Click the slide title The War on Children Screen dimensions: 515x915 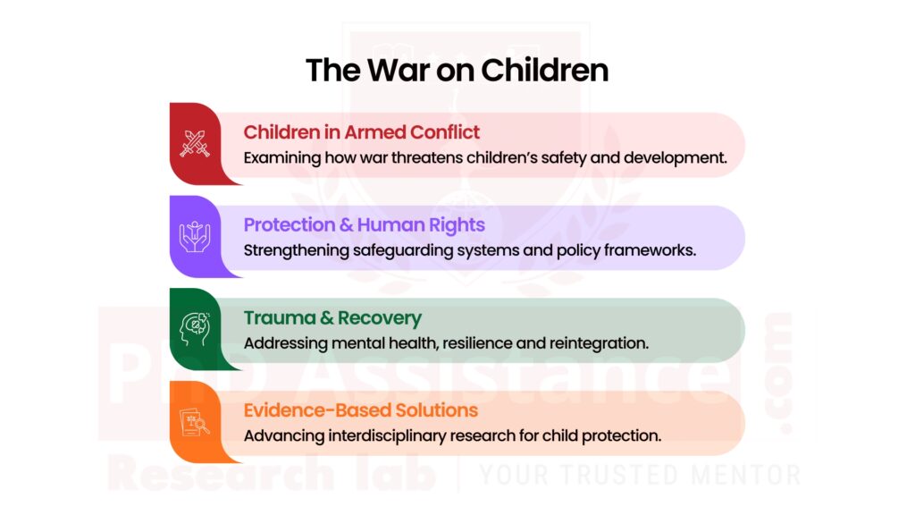pos(457,70)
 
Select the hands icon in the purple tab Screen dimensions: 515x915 pos(194,236)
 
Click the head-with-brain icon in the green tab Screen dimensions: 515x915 pos(194,328)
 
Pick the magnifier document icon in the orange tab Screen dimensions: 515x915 pos(194,421)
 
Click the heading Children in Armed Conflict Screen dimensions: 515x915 pos(361,132)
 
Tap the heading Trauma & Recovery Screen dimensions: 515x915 pos(332,318)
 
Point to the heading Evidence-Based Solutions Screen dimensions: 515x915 pos(360,410)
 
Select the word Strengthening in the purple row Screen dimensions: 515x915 pos(290,250)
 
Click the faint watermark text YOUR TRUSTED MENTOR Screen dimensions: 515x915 pos(638,473)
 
